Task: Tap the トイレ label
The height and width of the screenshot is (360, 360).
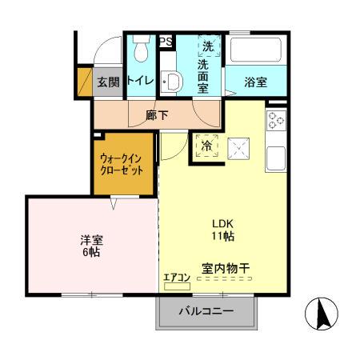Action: pos(141,80)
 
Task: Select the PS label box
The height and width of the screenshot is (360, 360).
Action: pos(166,42)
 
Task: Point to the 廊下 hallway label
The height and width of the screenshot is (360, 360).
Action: pos(157,115)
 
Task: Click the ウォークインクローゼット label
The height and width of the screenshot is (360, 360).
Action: pos(122,165)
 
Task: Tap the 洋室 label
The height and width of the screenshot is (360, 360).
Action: pos(90,238)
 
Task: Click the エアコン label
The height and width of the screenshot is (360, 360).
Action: pos(176,278)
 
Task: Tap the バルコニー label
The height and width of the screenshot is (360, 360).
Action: pos(206,311)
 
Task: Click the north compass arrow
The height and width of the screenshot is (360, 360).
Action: pos(324,313)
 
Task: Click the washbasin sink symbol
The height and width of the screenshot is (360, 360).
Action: pos(170,81)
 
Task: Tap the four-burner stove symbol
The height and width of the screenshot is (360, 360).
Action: pos(276,121)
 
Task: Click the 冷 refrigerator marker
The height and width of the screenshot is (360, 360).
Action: pos(206,146)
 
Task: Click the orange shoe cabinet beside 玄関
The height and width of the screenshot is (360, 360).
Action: pos(85,80)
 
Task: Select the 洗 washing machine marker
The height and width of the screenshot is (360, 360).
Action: pos(208,46)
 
